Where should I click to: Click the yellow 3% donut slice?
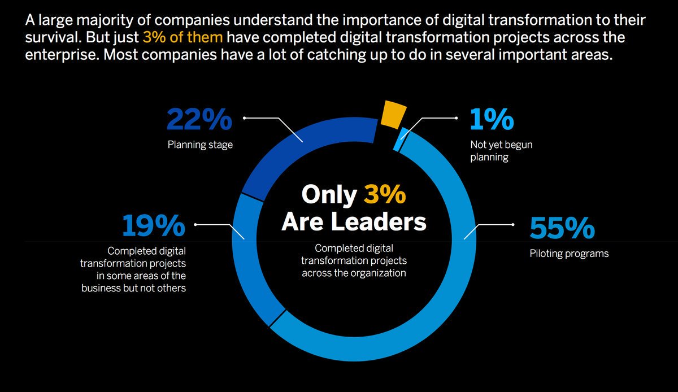[393, 114]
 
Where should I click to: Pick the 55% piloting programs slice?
[452, 282]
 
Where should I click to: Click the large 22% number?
[199, 120]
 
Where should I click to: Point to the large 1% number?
[492, 120]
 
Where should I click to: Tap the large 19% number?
[154, 226]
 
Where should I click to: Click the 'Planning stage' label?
[200, 145]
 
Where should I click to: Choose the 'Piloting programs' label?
[569, 254]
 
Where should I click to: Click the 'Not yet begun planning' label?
[501, 151]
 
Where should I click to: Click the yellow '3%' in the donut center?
[384, 195]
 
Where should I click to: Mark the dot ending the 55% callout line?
[512, 225]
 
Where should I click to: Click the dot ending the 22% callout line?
[244, 118]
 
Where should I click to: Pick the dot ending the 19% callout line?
[195, 224]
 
